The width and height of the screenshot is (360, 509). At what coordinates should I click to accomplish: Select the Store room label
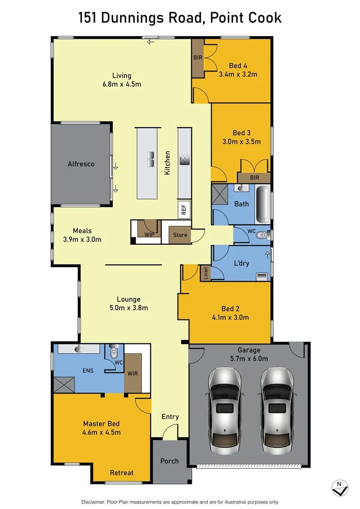180,235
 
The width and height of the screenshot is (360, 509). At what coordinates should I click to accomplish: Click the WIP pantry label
149,234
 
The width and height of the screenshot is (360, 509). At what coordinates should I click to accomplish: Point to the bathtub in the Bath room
263,205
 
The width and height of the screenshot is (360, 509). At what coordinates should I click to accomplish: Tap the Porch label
169,460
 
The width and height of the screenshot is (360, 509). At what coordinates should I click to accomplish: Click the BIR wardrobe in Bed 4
197,57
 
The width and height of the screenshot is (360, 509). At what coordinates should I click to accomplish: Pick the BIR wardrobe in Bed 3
254,178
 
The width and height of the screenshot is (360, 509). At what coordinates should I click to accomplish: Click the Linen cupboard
205,273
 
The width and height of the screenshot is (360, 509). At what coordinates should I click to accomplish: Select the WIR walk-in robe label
132,374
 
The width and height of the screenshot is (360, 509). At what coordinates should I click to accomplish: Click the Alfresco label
81,164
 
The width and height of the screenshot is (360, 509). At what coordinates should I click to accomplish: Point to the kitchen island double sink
151,159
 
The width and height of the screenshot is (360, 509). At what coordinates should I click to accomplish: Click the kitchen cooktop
184,159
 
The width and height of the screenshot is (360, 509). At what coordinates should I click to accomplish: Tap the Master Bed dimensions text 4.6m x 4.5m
102,432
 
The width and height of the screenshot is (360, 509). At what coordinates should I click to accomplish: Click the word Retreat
122,473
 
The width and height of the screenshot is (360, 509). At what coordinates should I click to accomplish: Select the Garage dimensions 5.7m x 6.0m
249,359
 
